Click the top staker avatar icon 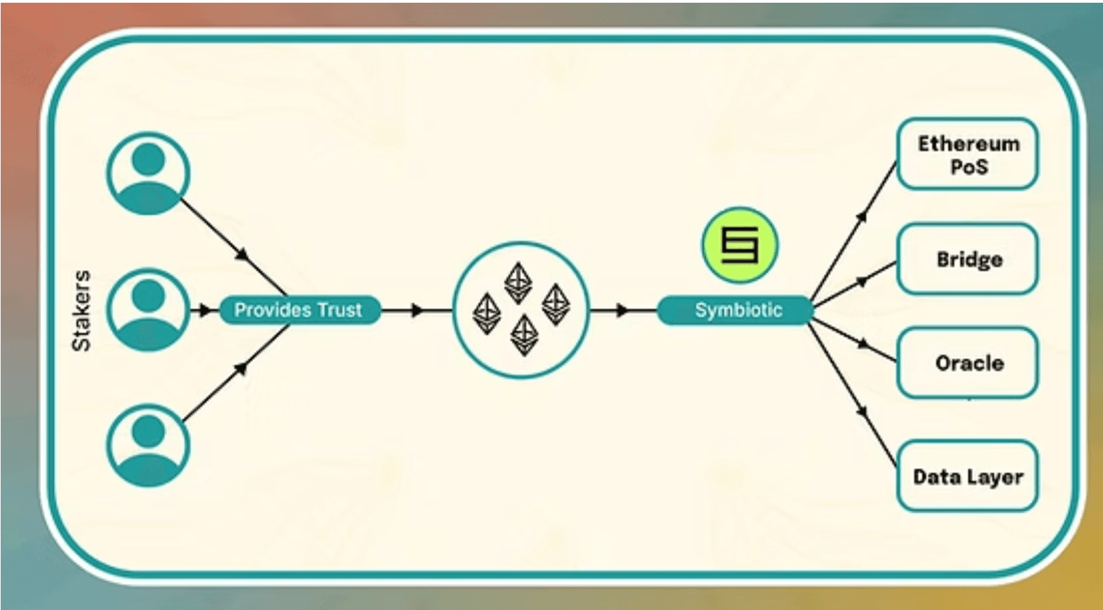(148, 174)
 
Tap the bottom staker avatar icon (148, 446)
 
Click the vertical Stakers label (82, 310)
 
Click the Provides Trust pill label (299, 310)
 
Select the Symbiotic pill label (738, 310)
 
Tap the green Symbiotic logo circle (740, 245)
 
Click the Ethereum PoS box (967, 154)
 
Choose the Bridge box (967, 259)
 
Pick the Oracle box (967, 363)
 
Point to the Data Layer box (967, 476)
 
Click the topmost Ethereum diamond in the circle (518, 281)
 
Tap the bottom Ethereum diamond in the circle (524, 334)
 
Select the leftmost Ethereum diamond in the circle (487, 313)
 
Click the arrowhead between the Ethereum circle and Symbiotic (621, 311)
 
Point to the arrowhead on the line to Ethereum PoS (862, 216)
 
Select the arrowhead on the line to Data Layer (863, 411)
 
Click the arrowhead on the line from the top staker (242, 255)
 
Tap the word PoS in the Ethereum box (969, 167)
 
